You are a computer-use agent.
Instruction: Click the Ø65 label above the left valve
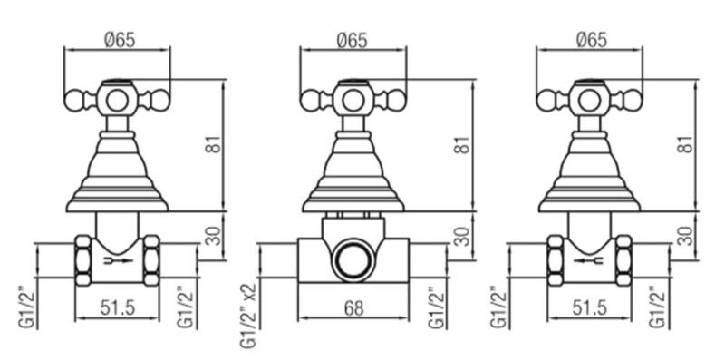(x=116, y=40)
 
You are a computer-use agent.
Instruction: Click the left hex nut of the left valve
(x=82, y=260)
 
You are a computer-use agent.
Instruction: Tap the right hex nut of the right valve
(x=624, y=260)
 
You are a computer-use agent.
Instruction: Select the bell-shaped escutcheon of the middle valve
(x=353, y=172)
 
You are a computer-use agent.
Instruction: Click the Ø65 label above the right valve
(x=590, y=40)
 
